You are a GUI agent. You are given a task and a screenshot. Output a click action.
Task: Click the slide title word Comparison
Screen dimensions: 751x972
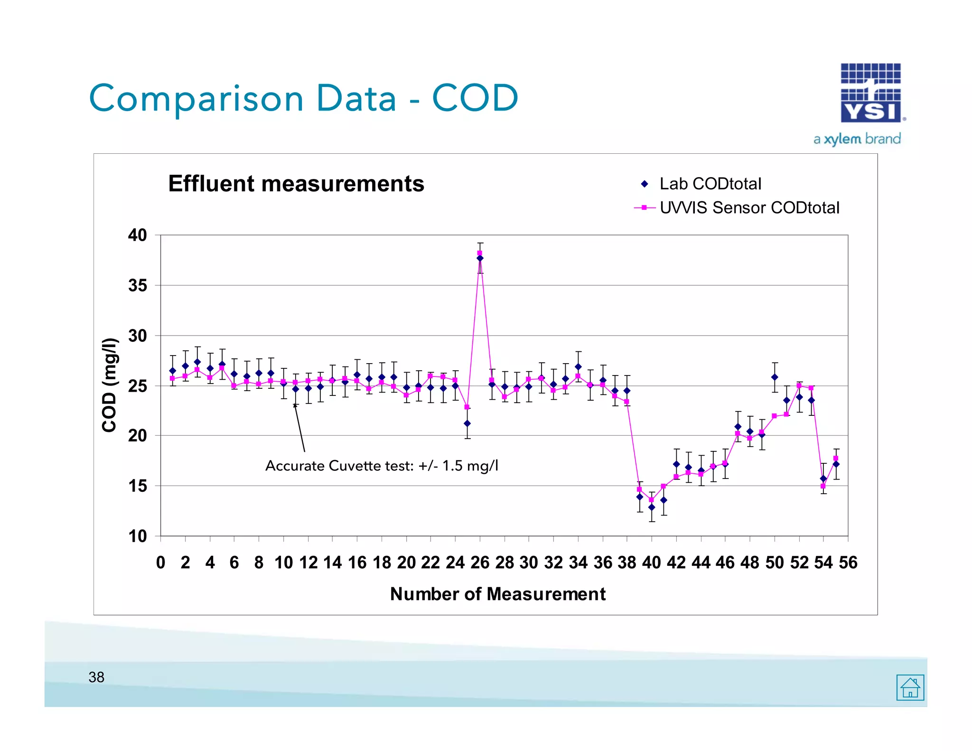tap(196, 98)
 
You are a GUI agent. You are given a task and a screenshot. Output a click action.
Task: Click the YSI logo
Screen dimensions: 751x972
tap(871, 93)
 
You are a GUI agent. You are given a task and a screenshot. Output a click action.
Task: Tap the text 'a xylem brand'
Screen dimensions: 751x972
tap(857, 139)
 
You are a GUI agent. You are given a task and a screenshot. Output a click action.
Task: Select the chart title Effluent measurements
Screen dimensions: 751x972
tap(296, 184)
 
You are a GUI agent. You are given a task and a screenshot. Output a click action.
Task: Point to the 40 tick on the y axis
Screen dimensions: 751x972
tap(138, 235)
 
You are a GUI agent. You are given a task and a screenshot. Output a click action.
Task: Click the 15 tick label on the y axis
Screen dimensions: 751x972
tap(138, 486)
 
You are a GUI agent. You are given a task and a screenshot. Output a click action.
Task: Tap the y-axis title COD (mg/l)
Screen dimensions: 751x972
tap(109, 385)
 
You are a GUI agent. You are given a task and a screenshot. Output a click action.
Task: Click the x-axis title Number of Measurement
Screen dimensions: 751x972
tap(497, 594)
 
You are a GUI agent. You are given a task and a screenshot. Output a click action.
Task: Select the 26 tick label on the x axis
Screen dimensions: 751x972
tap(480, 563)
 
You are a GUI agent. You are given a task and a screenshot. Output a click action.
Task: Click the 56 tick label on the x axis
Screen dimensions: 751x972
tap(848, 563)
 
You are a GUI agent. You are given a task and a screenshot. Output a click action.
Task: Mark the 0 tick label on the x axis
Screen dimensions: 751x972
tap(161, 563)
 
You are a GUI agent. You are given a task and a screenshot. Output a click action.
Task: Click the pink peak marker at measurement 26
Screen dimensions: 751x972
tap(480, 253)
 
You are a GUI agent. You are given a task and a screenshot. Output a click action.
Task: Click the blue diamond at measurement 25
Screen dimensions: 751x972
tap(467, 423)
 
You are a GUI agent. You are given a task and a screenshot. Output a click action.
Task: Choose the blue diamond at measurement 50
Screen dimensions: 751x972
tap(775, 377)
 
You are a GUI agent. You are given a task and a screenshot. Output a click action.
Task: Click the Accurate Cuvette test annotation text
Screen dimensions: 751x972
tap(382, 466)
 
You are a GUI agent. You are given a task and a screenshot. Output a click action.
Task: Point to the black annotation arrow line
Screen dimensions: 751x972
tap(299, 428)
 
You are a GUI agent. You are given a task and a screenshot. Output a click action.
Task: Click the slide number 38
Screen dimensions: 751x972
tap(96, 677)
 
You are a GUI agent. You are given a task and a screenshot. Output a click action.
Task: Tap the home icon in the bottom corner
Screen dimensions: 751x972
tap(910, 687)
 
